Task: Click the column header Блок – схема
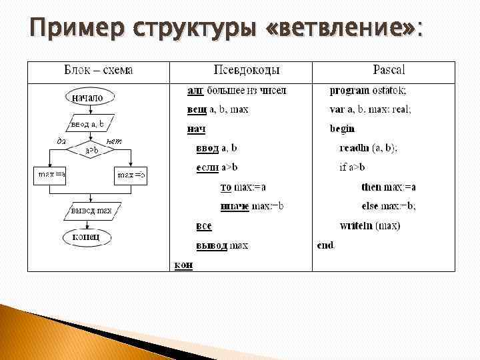point(98,70)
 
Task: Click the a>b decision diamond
point(91,151)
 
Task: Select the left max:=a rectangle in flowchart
point(51,175)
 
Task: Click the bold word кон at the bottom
point(183,265)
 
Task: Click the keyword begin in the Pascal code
point(342,129)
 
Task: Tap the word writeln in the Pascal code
point(355,226)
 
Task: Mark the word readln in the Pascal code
point(353,148)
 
